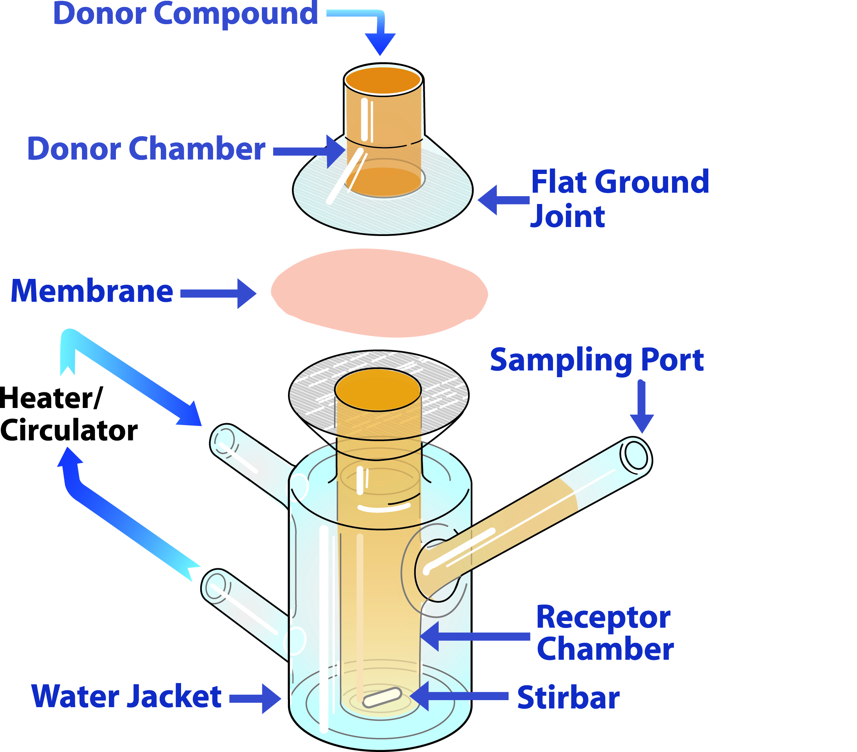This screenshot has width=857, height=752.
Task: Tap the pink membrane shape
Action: [x=379, y=293]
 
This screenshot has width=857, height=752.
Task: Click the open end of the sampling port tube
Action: [x=636, y=457]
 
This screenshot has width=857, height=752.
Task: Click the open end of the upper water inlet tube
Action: [x=225, y=440]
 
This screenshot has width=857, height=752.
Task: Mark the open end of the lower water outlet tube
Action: [x=216, y=585]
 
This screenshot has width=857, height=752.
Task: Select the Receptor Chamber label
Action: [x=604, y=633]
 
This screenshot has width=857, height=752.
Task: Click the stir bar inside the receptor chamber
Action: [x=382, y=697]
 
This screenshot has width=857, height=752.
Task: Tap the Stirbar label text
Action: [x=568, y=698]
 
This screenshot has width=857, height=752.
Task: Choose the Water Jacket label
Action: [x=126, y=696]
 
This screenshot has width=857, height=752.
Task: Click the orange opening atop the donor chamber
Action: [x=383, y=80]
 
